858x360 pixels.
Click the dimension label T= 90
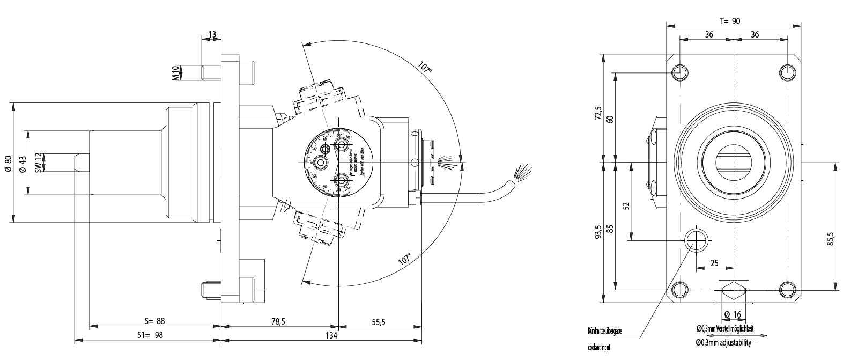[729, 21]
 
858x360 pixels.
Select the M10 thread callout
[175, 72]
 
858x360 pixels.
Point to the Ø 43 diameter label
[22, 163]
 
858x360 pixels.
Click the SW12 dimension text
[38, 162]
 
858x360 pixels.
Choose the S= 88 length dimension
[154, 321]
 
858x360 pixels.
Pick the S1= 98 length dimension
[150, 335]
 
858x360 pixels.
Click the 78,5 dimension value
[277, 321]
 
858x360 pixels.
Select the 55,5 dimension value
[379, 321]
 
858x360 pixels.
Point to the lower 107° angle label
[405, 259]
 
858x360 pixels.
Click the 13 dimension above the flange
[211, 35]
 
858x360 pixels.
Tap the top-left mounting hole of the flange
[680, 71]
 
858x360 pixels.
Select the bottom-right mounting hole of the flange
[787, 290]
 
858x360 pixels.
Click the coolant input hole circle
[696, 239]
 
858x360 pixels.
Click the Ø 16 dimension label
[732, 314]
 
